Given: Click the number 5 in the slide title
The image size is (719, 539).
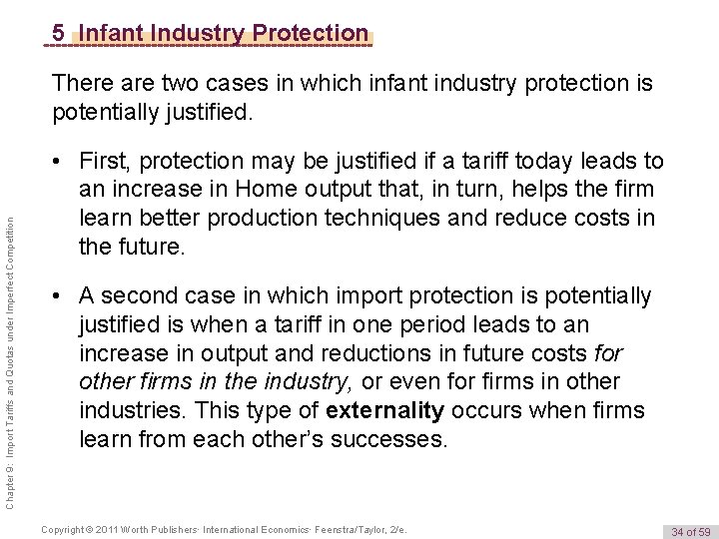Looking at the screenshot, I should click(x=61, y=33).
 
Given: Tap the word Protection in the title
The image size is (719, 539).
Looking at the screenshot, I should click(x=307, y=33).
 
